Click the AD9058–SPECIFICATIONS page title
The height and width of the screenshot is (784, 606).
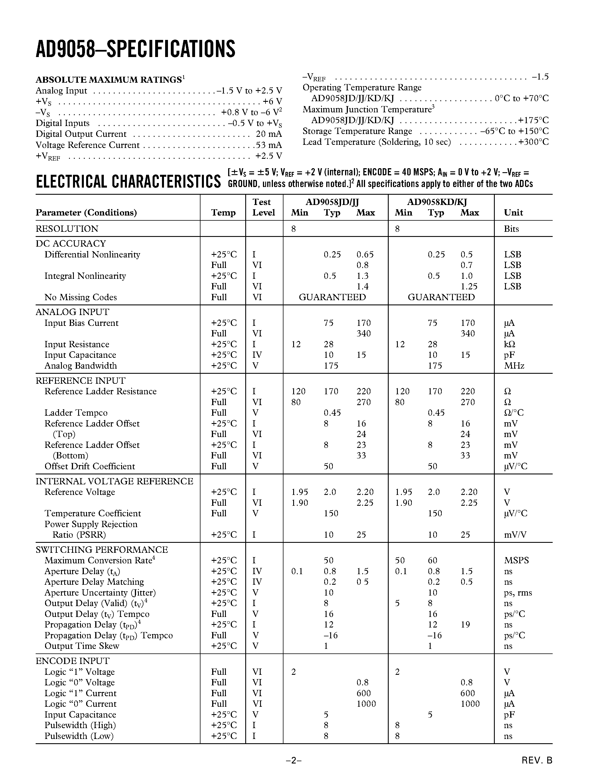(x=135, y=49)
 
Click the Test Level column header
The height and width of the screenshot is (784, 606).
(x=264, y=208)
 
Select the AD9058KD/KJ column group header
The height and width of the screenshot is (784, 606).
(x=437, y=202)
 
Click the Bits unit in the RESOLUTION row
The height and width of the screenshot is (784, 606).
(x=511, y=229)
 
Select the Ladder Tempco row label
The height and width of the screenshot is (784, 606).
(x=76, y=413)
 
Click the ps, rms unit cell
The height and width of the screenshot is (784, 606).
(x=518, y=593)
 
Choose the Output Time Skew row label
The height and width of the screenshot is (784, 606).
(x=82, y=646)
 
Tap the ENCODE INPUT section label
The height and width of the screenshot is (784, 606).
(x=72, y=661)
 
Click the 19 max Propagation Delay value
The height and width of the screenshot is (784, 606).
(x=465, y=625)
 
